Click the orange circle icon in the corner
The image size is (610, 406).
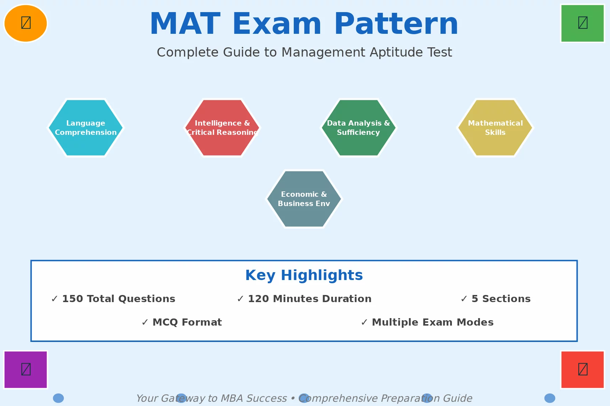[26, 23]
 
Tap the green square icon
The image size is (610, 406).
[583, 23]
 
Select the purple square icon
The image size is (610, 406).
[26, 369]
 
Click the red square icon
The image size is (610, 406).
[583, 369]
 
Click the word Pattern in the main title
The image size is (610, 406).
[396, 24]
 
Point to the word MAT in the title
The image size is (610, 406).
[185, 24]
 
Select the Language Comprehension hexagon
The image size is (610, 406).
[86, 128]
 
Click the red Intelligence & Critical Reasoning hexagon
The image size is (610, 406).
[222, 128]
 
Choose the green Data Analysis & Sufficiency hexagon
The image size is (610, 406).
[359, 128]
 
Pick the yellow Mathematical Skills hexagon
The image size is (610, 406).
[495, 128]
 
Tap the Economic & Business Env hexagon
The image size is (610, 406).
[304, 199]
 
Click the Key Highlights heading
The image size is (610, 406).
[304, 275]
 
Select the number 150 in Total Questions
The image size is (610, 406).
[72, 299]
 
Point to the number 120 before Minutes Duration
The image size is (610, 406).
[258, 299]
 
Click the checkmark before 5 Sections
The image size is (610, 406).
[464, 299]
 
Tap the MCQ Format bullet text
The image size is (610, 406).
[187, 322]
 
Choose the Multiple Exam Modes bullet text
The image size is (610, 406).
[432, 322]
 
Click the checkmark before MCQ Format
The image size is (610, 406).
[145, 322]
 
